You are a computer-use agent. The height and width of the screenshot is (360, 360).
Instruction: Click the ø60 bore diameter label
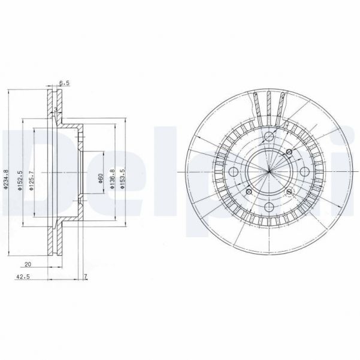(x=101, y=179)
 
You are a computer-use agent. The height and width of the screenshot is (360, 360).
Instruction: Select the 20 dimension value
(x=28, y=264)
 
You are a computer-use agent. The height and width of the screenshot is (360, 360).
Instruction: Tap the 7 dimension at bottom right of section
(x=86, y=277)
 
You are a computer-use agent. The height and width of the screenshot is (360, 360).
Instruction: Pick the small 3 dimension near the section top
(x=55, y=110)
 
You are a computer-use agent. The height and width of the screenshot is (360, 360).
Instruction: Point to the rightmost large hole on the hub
(x=303, y=173)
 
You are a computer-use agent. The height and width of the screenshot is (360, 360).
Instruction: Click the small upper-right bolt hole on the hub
(x=289, y=152)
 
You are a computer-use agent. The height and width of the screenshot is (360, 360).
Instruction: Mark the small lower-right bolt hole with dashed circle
(x=290, y=192)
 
